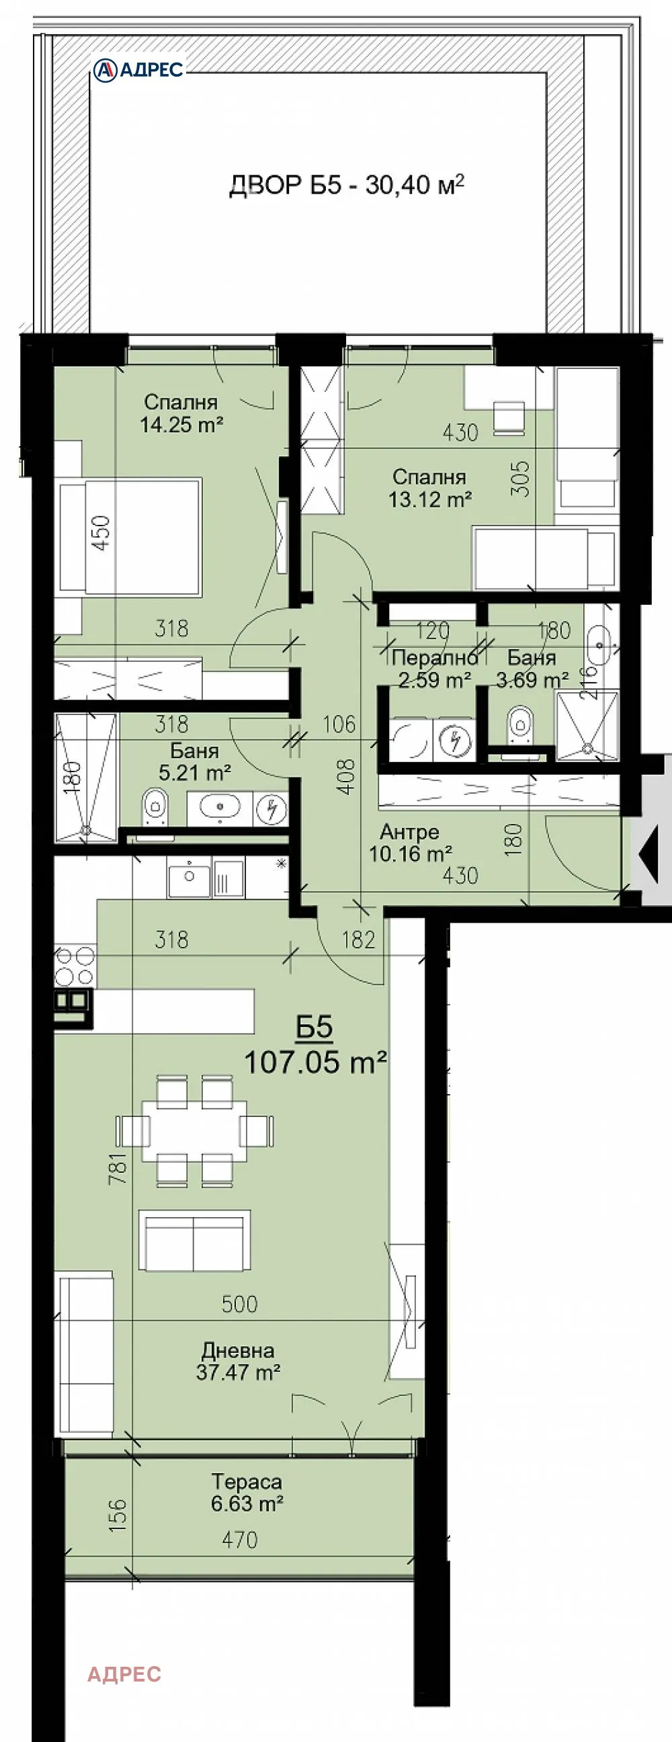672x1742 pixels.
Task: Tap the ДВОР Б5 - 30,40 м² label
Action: [347, 184]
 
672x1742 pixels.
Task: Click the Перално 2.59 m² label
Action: [435, 669]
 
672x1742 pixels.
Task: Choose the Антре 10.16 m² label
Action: [411, 843]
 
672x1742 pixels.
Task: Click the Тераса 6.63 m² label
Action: [247, 1493]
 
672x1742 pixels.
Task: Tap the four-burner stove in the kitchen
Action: [75, 966]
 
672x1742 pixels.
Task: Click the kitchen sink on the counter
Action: [190, 878]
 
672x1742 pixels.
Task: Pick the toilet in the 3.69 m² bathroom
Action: [519, 725]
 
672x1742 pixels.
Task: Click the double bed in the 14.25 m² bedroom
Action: [130, 538]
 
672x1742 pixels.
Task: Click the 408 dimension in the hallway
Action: [345, 776]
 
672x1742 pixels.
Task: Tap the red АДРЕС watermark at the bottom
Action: [124, 1674]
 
